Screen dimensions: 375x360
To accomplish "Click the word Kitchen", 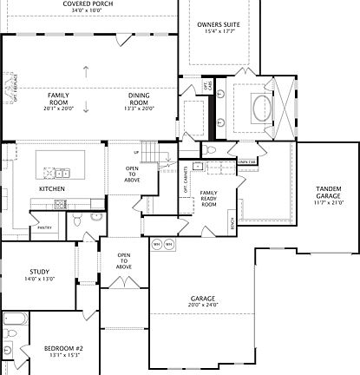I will coord(52,187).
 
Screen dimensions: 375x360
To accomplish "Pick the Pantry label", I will coord(44,227).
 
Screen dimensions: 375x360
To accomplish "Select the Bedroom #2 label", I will coord(62,348).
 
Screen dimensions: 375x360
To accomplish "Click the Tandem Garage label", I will coord(328,193).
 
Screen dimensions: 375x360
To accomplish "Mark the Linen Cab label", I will coord(247,161).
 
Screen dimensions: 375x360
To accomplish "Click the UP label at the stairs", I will coord(136,153).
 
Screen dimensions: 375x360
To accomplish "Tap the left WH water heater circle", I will coord(157,244).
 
